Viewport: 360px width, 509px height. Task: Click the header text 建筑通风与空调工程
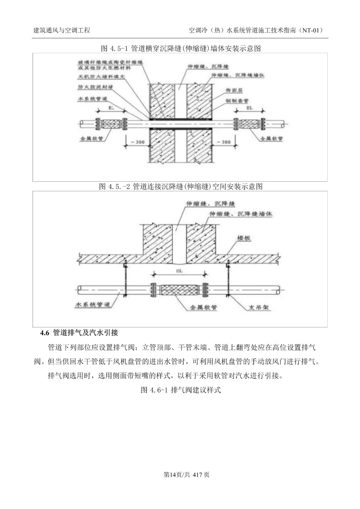point(62,31)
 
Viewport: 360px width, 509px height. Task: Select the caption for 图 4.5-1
point(180,49)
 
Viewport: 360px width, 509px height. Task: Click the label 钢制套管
point(237,101)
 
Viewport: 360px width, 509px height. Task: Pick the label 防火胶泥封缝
point(95,87)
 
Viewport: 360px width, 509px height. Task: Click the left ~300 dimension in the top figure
point(137,142)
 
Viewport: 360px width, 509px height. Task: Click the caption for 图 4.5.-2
point(180,186)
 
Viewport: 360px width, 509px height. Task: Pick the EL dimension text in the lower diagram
point(179,271)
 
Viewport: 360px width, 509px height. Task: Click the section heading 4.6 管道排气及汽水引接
point(79,333)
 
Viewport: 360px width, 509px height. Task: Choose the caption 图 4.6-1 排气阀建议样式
point(181,390)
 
